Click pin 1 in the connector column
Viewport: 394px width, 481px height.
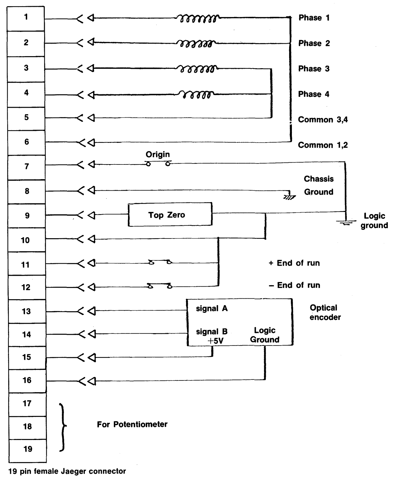pos(26,18)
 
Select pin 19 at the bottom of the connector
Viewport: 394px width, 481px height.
pos(27,449)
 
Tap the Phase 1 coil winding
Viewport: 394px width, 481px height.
pos(197,19)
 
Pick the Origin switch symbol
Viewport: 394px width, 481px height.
pos(158,163)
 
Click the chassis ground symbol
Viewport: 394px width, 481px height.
pos(289,195)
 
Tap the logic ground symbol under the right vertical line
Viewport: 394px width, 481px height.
pos(346,222)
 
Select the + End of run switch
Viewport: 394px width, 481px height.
pos(160,263)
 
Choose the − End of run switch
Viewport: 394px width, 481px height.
pos(160,286)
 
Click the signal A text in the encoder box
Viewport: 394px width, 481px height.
pos(212,309)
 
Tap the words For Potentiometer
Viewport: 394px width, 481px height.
pos(132,425)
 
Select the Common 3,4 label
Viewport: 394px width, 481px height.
pos(323,120)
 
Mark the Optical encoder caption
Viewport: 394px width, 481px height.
pos(325,312)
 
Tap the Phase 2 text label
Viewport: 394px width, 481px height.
pos(314,44)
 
